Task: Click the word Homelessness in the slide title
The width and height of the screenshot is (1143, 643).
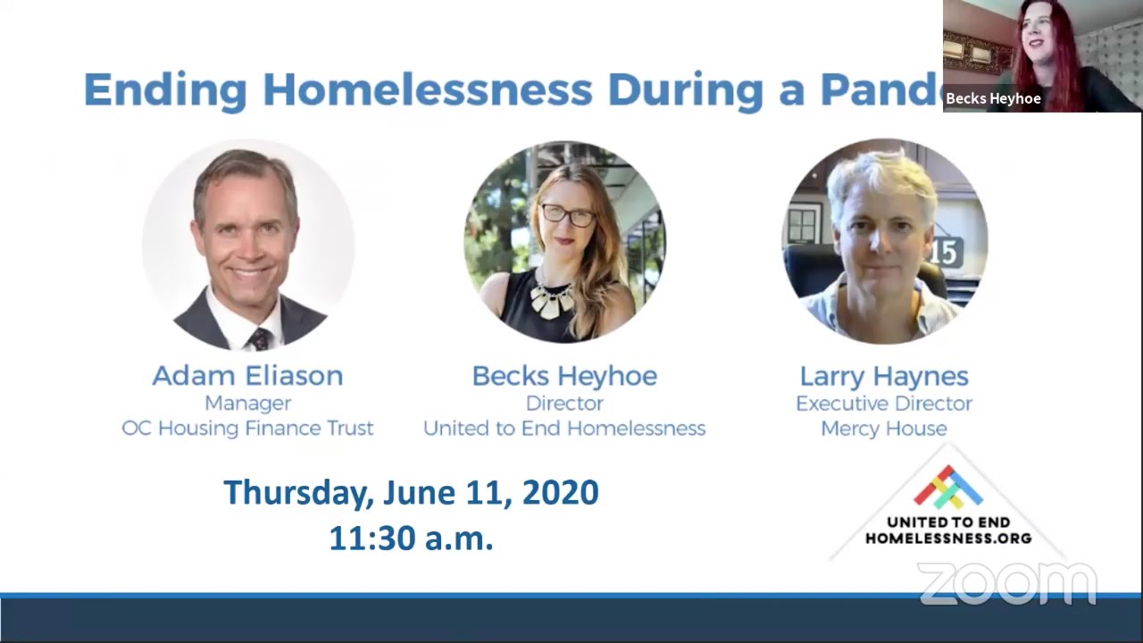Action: [x=428, y=90]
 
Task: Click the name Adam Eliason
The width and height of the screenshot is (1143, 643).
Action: [x=248, y=376]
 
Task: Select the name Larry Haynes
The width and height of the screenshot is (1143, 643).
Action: [x=884, y=377]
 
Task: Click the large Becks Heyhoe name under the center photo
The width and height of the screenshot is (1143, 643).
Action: [x=564, y=376]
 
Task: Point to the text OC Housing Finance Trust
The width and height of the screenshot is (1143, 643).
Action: [x=248, y=428]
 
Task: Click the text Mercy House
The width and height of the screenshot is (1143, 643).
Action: [x=884, y=429]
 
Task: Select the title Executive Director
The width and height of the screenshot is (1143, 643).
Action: [x=884, y=404]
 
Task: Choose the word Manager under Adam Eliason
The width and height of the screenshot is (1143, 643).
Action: [x=248, y=404]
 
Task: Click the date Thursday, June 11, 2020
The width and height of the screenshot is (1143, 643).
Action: [x=412, y=493]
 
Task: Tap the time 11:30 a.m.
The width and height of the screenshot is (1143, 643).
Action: [x=412, y=539]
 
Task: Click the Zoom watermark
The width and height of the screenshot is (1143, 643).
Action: [x=1007, y=583]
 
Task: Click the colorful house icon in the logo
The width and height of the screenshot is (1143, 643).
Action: [x=948, y=487]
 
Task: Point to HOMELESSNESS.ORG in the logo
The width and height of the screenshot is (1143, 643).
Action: [x=948, y=538]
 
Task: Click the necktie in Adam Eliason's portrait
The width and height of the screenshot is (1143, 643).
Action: [x=261, y=338]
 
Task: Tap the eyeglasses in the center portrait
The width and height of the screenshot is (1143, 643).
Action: [x=568, y=215]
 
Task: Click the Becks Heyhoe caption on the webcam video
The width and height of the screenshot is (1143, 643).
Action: [x=993, y=98]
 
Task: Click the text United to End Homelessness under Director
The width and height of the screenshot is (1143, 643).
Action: [x=564, y=428]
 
